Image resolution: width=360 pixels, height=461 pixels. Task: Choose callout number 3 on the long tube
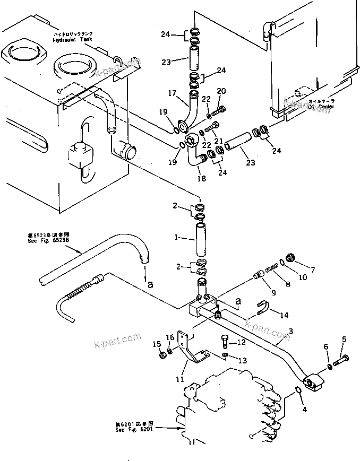coord(290,332)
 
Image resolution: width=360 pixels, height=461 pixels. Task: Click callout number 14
coord(285,315)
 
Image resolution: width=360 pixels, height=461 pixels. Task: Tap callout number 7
coord(312,270)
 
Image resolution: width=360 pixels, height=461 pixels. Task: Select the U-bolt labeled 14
coord(264,308)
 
